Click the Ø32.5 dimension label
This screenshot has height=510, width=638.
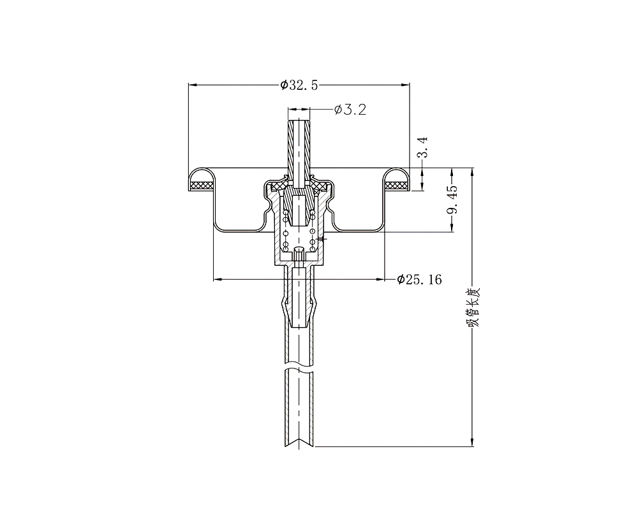299,85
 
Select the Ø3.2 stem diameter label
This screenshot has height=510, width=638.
350,110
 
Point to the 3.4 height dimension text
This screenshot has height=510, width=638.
423,147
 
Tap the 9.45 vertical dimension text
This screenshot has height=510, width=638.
452,200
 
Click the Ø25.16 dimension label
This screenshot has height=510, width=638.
419,279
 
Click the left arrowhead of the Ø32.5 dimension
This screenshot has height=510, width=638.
193,85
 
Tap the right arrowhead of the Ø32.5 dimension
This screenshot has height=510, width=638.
405,85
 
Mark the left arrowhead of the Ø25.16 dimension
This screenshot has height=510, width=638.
218,279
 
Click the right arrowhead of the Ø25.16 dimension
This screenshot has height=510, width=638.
380,279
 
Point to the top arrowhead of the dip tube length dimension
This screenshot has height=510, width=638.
472,172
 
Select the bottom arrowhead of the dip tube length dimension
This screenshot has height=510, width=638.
472,442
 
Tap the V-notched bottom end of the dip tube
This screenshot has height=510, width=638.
299,442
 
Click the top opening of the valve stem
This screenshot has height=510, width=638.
299,120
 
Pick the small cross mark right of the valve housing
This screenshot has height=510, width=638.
322,238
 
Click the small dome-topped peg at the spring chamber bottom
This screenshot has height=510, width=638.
299,253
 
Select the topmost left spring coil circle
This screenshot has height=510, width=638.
286,213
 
